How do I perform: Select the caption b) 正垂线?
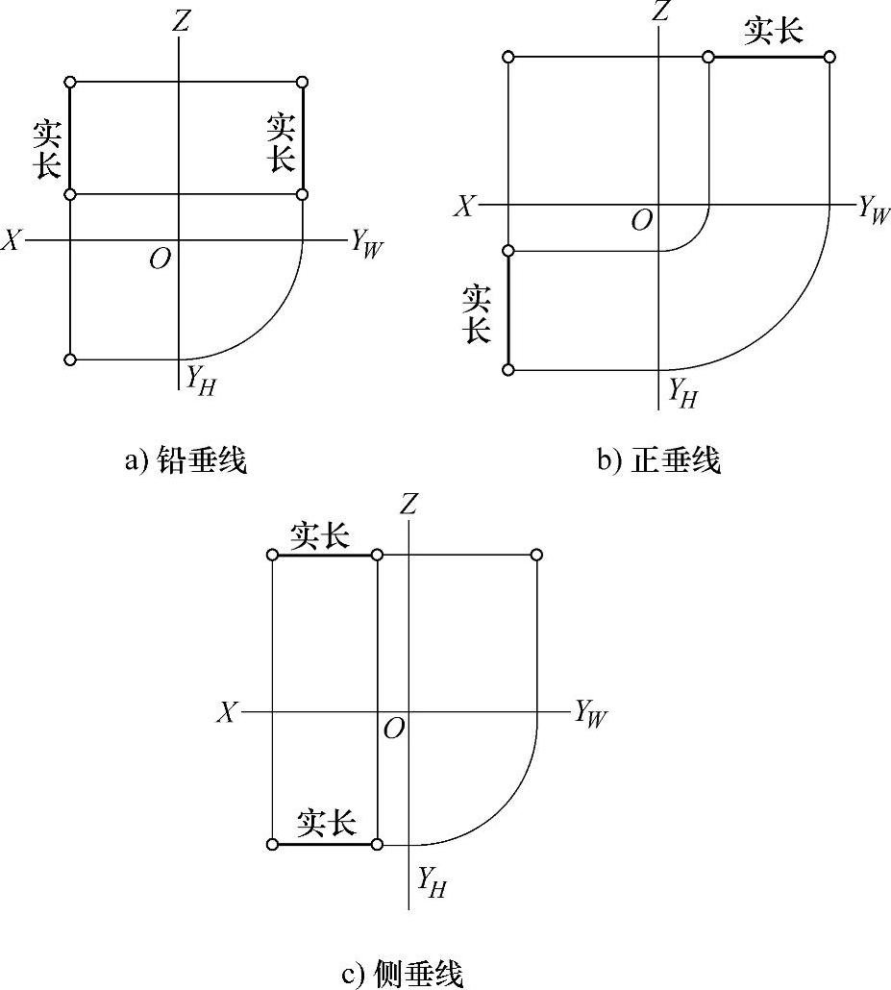click(x=659, y=461)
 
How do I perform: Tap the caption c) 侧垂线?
click(x=403, y=975)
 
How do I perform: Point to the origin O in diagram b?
click(x=641, y=221)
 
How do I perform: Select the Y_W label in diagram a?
click(x=365, y=244)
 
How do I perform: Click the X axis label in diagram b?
click(x=465, y=207)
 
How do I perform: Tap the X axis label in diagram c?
click(x=228, y=712)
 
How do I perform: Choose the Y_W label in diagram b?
click(x=874, y=210)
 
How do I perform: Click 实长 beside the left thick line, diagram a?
click(x=47, y=150)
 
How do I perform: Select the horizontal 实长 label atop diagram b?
click(x=774, y=31)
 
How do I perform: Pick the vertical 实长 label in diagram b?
click(x=478, y=314)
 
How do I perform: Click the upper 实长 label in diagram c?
click(x=321, y=535)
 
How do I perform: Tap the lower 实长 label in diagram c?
click(x=327, y=823)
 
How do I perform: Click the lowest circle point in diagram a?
click(x=69, y=359)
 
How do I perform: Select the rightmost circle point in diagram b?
click(x=829, y=58)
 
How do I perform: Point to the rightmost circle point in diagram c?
click(x=536, y=555)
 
